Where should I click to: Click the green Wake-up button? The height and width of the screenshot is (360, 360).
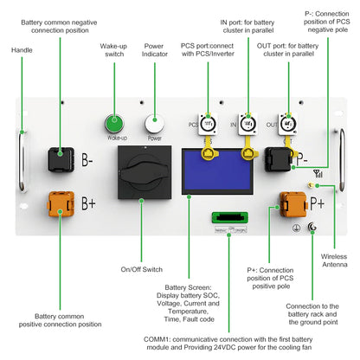click(113, 122)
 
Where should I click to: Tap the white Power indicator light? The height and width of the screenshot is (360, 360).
click(155, 122)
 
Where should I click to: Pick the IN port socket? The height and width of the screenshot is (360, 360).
click(247, 124)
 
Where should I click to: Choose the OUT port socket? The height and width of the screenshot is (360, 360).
click(286, 124)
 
